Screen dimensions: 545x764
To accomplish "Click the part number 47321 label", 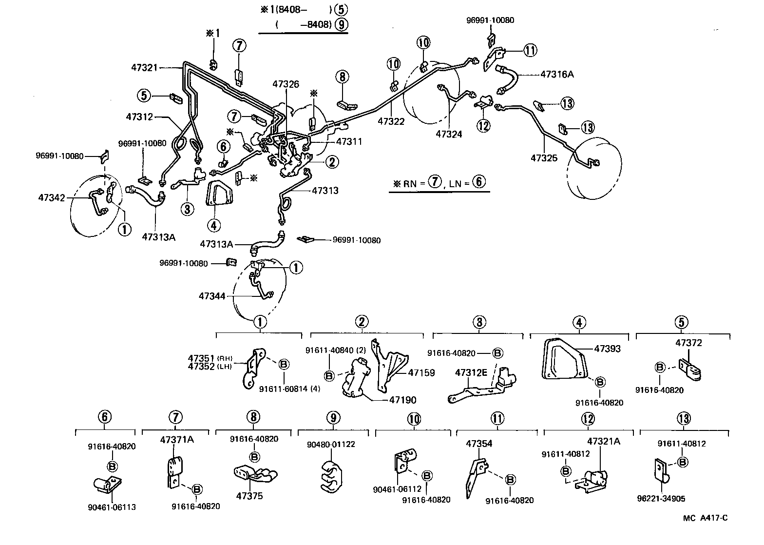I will (x=144, y=67).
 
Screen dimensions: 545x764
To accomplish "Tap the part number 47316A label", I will (x=557, y=75).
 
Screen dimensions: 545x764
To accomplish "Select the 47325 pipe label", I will (x=543, y=158).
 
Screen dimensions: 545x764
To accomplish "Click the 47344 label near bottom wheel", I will (x=211, y=295).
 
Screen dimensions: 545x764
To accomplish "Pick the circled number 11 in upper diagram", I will (x=530, y=50).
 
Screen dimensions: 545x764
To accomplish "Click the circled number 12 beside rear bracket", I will (x=483, y=125).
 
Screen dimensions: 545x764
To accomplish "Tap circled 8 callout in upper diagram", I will (x=342, y=77).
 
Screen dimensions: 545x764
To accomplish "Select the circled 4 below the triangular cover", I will (x=213, y=225).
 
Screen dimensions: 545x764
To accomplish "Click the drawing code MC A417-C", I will (x=705, y=518).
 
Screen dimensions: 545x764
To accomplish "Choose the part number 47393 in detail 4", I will (x=607, y=349).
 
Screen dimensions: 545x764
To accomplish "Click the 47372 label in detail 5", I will (x=688, y=343).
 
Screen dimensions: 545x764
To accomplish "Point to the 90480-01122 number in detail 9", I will (x=331, y=444).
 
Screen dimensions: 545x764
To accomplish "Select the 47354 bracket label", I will (x=479, y=444).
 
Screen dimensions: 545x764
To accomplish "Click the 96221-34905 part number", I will (x=660, y=499).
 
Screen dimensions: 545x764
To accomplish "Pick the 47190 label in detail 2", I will (x=402, y=400).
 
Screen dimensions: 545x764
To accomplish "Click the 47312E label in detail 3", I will (x=471, y=372).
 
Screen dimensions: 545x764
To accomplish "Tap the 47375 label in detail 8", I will (x=249, y=496).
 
